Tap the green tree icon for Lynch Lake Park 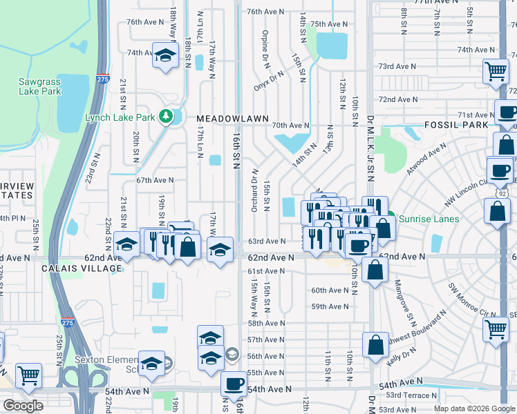click(x=165, y=115)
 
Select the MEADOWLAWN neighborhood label click(x=232, y=119)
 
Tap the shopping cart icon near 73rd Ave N click(x=495, y=70)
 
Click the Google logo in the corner click(x=23, y=406)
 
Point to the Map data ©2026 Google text click(x=474, y=408)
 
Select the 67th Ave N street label click(x=154, y=180)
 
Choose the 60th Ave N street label click(x=329, y=290)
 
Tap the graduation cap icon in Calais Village click(x=126, y=244)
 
